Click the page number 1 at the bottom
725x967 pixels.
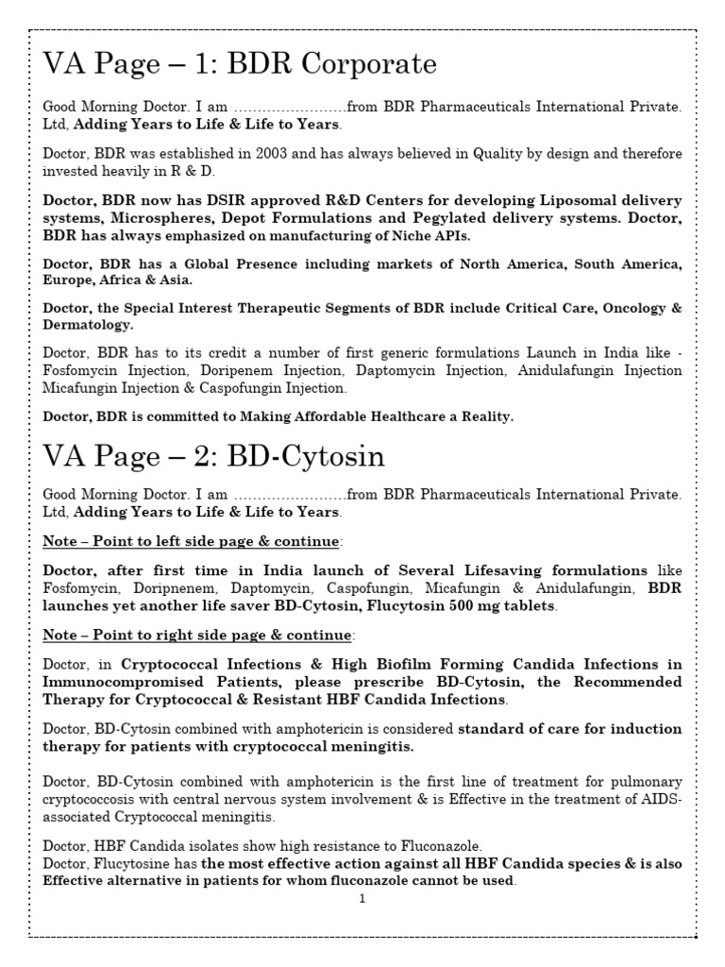coord(362,899)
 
